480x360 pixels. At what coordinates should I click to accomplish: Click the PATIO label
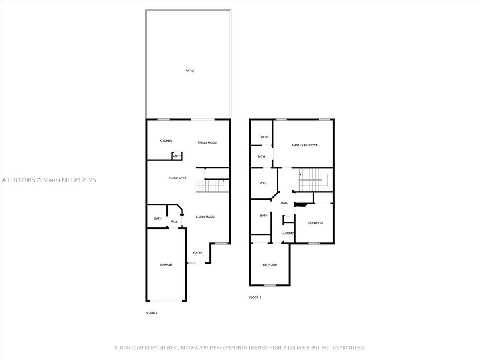pos(190,71)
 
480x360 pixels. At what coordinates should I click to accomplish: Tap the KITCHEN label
pos(166,141)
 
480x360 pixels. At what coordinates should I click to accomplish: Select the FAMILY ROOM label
pos(207,143)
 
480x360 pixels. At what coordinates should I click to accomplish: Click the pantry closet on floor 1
pos(177,156)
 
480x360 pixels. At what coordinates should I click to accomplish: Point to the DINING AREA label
pos(177,178)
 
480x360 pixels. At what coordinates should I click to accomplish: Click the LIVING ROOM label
pos(205,217)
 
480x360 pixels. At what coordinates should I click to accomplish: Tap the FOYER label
pos(198,253)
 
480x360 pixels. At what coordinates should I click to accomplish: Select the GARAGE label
pos(166,265)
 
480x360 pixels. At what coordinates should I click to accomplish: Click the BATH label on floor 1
pos(158,218)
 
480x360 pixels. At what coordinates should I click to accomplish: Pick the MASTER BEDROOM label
pos(305,145)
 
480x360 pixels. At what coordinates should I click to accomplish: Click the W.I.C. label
pos(263,183)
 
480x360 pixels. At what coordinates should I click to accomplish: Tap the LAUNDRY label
pos(288,234)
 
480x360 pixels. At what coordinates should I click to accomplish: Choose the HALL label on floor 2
pos(284,203)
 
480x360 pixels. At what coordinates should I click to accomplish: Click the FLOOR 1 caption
pos(151,313)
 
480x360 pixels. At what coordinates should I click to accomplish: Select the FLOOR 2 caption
pos(255,298)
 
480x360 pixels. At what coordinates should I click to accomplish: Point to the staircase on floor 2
pos(313,180)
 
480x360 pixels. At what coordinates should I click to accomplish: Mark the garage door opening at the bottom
pos(166,300)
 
